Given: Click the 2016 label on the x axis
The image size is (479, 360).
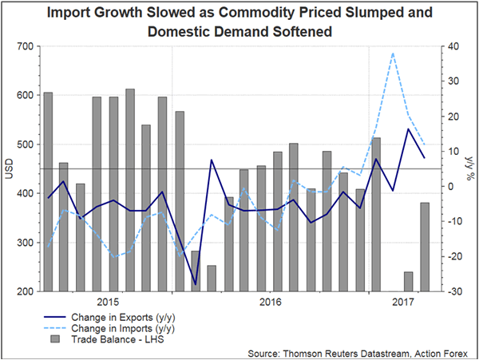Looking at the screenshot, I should [x=271, y=303].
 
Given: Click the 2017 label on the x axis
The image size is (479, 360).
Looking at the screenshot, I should [x=402, y=303].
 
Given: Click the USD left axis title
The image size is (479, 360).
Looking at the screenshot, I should [x=9, y=169].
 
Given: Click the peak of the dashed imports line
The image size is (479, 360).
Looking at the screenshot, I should [x=393, y=53].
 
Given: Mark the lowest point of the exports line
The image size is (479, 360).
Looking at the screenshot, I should [x=195, y=283].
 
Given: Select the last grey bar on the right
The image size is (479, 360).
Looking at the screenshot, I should [x=425, y=247].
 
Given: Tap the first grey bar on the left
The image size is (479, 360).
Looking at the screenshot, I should [x=48, y=192].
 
